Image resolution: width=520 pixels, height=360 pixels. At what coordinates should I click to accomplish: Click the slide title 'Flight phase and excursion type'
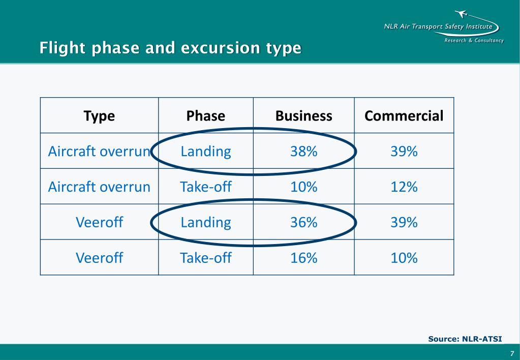pyautogui.click(x=170, y=48)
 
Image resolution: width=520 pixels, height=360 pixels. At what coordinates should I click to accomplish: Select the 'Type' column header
pyautogui.click(x=99, y=116)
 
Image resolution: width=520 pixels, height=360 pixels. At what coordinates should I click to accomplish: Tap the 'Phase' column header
pyautogui.click(x=205, y=116)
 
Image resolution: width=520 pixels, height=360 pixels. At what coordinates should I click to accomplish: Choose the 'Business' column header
pyautogui.click(x=303, y=116)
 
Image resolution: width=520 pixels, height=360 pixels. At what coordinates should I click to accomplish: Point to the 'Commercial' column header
pyautogui.click(x=404, y=116)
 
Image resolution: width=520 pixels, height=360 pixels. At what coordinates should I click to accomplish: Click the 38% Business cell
pyautogui.click(x=303, y=151)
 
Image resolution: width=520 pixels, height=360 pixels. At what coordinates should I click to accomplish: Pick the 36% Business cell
pyautogui.click(x=303, y=222)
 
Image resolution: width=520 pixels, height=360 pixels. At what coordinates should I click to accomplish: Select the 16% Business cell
pyautogui.click(x=303, y=258)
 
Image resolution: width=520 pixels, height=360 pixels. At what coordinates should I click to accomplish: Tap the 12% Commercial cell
pyautogui.click(x=404, y=187)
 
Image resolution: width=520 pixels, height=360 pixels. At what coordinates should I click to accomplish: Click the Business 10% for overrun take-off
pyautogui.click(x=303, y=187)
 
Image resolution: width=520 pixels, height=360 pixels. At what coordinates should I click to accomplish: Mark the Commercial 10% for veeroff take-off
pyautogui.click(x=404, y=258)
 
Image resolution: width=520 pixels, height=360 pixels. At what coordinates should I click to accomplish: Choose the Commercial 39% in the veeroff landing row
pyautogui.click(x=404, y=222)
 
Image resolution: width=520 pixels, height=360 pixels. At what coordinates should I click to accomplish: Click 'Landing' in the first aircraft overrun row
pyautogui.click(x=205, y=151)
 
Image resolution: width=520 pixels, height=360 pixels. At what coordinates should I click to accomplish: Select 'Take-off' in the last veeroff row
pyautogui.click(x=205, y=258)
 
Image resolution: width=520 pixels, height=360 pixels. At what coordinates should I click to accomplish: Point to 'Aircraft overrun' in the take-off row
pyautogui.click(x=99, y=187)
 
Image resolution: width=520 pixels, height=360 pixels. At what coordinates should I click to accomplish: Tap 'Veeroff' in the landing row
pyautogui.click(x=99, y=222)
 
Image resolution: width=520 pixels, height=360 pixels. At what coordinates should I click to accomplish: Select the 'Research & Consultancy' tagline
pyautogui.click(x=474, y=41)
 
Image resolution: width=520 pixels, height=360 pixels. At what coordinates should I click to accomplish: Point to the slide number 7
pyautogui.click(x=511, y=353)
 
